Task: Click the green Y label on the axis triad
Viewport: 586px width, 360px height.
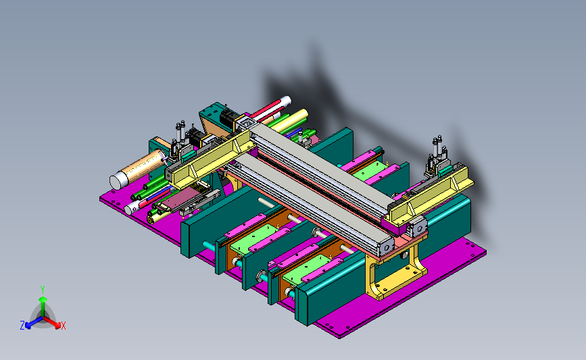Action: pyautogui.click(x=42, y=290)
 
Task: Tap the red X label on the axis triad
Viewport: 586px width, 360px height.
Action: pyautogui.click(x=63, y=326)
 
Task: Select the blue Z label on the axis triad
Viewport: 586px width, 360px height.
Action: pyautogui.click(x=22, y=326)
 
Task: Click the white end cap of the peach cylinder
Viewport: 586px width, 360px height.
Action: pyautogui.click(x=118, y=181)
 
